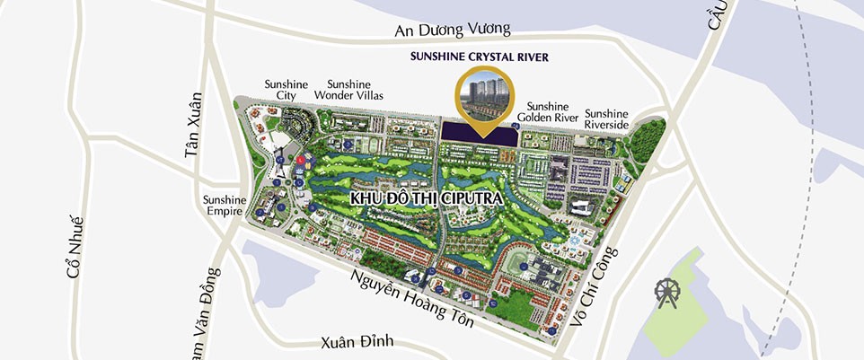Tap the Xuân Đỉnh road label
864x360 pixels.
[x=357, y=343]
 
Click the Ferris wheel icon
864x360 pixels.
[x=667, y=294]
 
